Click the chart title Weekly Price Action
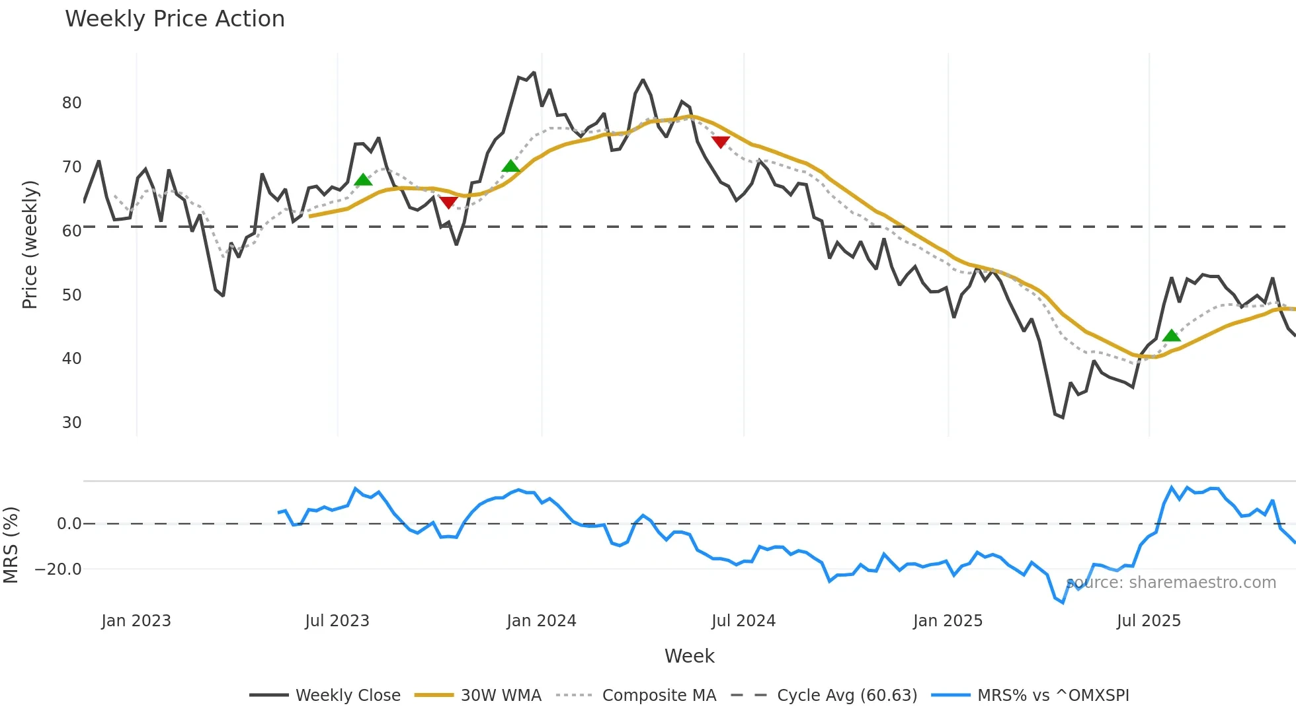pyautogui.click(x=175, y=19)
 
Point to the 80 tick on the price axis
pyautogui.click(x=71, y=103)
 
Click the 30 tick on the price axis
pyautogui.click(x=71, y=423)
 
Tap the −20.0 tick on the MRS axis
pyautogui.click(x=58, y=569)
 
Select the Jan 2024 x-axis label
pyautogui.click(x=542, y=621)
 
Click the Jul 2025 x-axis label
pyautogui.click(x=1149, y=621)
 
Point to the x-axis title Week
pyautogui.click(x=689, y=656)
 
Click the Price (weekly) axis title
pyautogui.click(x=30, y=244)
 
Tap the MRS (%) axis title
pyautogui.click(x=11, y=545)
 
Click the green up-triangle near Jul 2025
pyautogui.click(x=1172, y=336)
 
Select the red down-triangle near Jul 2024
pyautogui.click(x=720, y=142)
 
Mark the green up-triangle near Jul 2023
pyautogui.click(x=363, y=180)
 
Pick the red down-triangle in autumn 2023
pyautogui.click(x=448, y=203)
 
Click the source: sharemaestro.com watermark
pyautogui.click(x=1171, y=583)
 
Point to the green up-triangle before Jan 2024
pyautogui.click(x=510, y=166)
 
